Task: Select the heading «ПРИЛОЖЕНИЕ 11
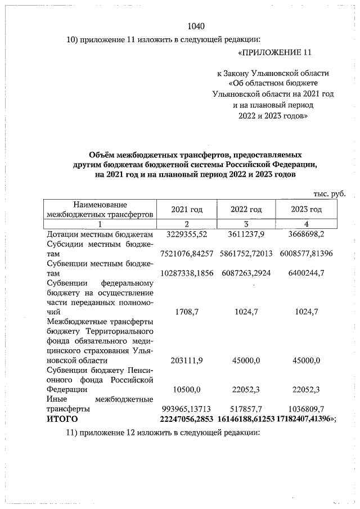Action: [274, 53]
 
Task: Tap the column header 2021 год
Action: [187, 210]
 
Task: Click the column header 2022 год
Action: [246, 210]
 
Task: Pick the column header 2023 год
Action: [307, 210]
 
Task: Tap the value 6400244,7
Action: [307, 273]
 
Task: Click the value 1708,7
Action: [187, 311]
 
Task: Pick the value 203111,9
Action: [187, 360]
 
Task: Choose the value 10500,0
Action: [187, 389]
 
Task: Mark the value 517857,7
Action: [246, 409]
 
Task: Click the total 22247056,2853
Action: [187, 420]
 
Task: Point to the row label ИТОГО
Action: [63, 420]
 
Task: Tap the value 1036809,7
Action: [307, 409]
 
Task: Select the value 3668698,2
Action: [307, 233]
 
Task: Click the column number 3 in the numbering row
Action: [246, 224]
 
